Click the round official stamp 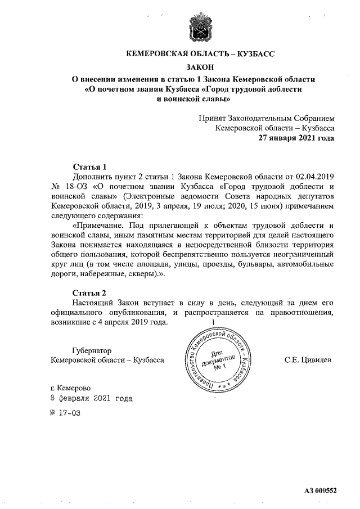215,359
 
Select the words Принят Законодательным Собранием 267,118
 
